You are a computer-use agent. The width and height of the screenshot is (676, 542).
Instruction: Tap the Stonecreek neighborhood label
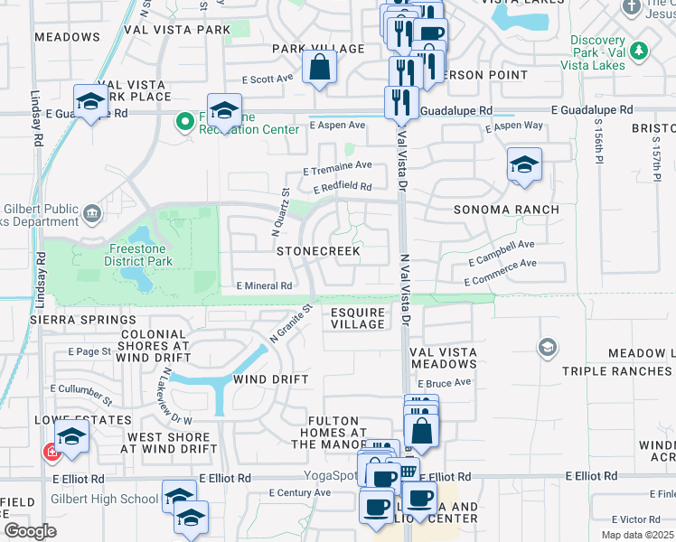318,250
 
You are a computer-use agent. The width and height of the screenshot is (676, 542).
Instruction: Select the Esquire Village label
358,317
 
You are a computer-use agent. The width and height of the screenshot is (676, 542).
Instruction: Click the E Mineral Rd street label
264,285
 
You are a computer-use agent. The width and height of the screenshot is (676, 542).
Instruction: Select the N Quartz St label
281,212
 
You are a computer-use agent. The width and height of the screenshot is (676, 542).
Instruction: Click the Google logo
30,531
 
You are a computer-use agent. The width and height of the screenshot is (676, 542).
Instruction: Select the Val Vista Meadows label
444,358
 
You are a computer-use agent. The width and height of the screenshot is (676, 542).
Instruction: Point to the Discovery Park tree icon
640,51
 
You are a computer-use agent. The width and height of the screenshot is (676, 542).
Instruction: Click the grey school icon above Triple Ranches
547,348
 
